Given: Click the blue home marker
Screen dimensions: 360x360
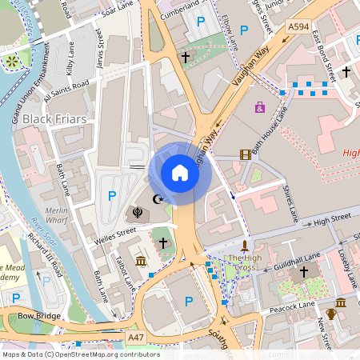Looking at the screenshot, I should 179,172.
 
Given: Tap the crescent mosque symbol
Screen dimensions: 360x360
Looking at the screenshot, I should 158,198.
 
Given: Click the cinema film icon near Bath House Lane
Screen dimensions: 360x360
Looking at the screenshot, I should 245,154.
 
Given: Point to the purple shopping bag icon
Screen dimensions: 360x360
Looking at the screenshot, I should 259,106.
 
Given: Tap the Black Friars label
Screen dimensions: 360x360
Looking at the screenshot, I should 54,119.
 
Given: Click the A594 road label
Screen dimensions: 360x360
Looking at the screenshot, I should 298,26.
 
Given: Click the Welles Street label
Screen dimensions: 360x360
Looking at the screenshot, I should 116,234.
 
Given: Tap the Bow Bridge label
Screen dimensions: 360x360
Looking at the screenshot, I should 39,316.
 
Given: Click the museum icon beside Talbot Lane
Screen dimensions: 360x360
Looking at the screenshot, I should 141,262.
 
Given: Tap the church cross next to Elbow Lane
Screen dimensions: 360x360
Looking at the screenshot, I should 186,58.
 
